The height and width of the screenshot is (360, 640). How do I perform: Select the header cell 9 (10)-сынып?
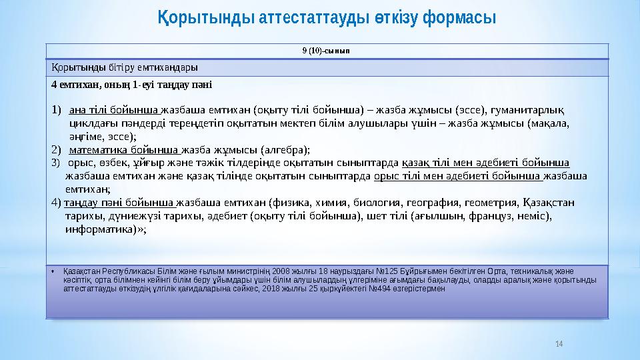click(327, 51)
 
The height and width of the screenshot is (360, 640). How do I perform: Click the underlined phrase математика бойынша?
click(124, 149)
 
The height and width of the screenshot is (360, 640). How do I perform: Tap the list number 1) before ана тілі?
click(56, 110)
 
